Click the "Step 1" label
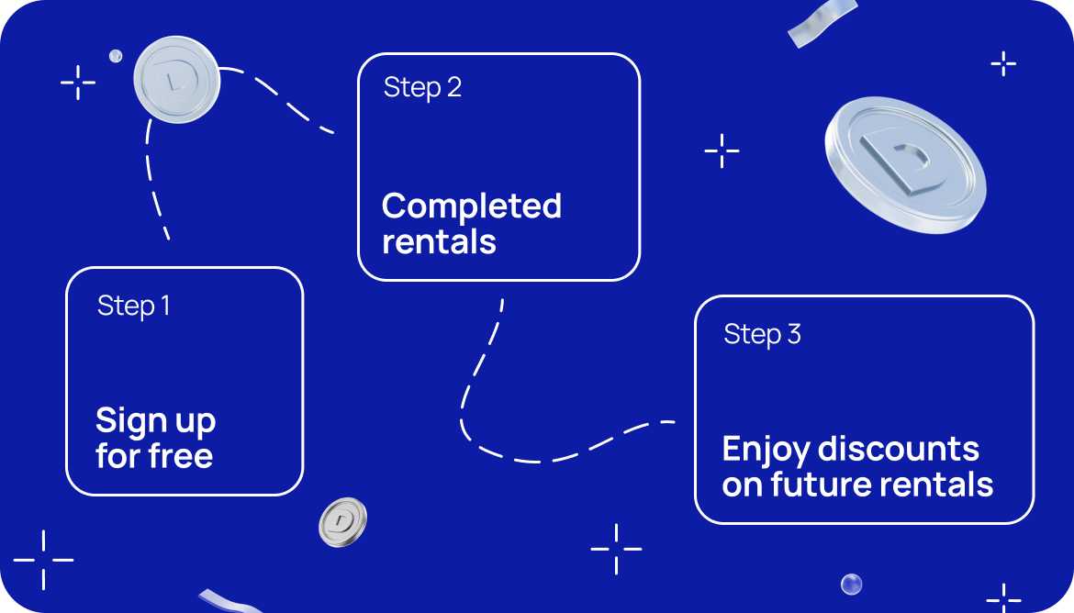(134, 306)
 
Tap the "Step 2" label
(422, 88)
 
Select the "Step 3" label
(762, 335)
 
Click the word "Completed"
(472, 206)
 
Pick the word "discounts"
(899, 450)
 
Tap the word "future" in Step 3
(822, 485)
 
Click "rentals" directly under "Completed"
(439, 241)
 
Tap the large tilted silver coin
(905, 165)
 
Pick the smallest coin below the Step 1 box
(342, 522)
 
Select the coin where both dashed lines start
(177, 80)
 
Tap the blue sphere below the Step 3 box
(851, 585)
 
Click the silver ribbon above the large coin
(822, 23)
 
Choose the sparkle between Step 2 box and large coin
(722, 150)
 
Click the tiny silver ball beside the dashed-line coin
(116, 56)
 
